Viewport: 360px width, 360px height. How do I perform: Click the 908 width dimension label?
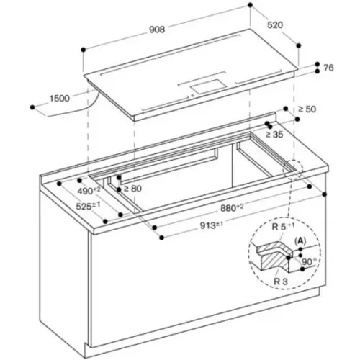pos(157,30)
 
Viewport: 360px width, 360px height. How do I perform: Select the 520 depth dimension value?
pos(275,24)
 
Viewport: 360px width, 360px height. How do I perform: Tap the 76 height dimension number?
pos(328,68)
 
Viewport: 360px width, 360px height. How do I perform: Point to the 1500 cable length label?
pos(59,99)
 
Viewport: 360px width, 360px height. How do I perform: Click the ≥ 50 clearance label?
pos(307,109)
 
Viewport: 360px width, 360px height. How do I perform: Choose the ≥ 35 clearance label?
pos(274,135)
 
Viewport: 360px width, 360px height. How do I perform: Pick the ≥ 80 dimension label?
pos(132,189)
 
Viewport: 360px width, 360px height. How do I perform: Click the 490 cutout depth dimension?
pos(89,191)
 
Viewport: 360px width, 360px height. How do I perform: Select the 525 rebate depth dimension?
pos(88,206)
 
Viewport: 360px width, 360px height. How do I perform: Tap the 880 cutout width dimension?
pos(232,208)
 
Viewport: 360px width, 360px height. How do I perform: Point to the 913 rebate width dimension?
pos(212,225)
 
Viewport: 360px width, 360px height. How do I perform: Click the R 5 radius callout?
pos(283,227)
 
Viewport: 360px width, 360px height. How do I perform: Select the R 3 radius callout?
pos(281,282)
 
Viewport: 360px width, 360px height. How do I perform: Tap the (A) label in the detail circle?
pos(300,240)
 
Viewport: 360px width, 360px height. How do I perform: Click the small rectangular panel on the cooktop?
pos(209,86)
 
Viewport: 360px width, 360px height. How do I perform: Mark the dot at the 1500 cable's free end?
pos(32,107)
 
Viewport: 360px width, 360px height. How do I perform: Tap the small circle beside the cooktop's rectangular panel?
pos(192,96)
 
